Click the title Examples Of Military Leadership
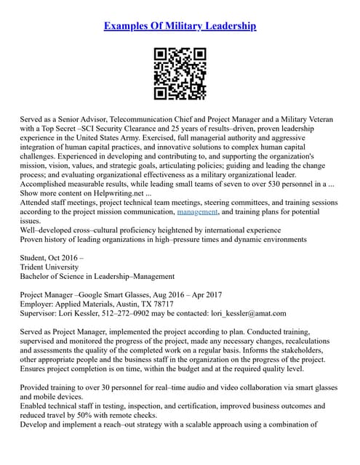point(180,27)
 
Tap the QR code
point(180,73)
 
